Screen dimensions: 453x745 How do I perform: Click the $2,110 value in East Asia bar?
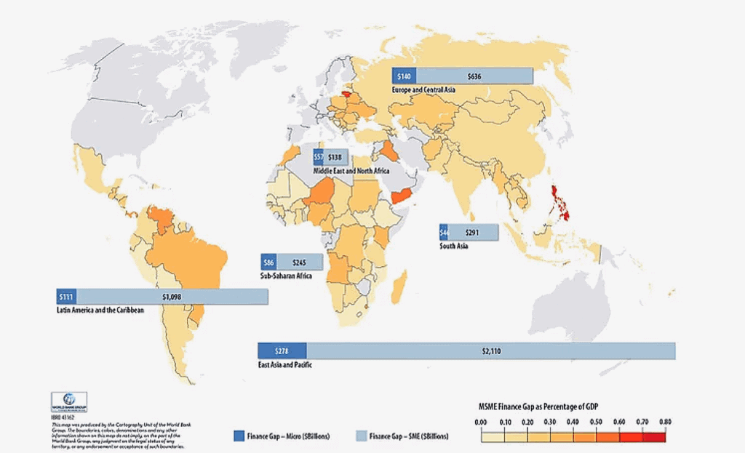click(x=491, y=351)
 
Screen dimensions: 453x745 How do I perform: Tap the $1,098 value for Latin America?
click(x=172, y=297)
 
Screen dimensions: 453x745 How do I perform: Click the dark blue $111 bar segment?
click(x=67, y=297)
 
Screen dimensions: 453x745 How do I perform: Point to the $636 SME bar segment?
click(x=474, y=76)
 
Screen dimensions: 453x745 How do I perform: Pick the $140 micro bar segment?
click(x=404, y=76)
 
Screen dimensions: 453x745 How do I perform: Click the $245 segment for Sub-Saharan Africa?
click(x=299, y=262)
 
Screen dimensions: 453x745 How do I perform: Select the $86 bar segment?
click(x=268, y=262)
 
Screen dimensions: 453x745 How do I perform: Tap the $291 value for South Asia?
click(x=472, y=233)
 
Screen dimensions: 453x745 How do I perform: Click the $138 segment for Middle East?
click(x=335, y=157)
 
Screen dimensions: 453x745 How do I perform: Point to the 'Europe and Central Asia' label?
click(x=423, y=89)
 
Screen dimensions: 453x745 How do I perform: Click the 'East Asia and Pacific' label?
click(x=286, y=364)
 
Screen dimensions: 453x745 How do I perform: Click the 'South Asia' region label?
click(x=453, y=246)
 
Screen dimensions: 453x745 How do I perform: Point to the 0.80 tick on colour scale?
click(x=665, y=422)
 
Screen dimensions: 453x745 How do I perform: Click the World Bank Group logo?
click(x=69, y=401)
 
